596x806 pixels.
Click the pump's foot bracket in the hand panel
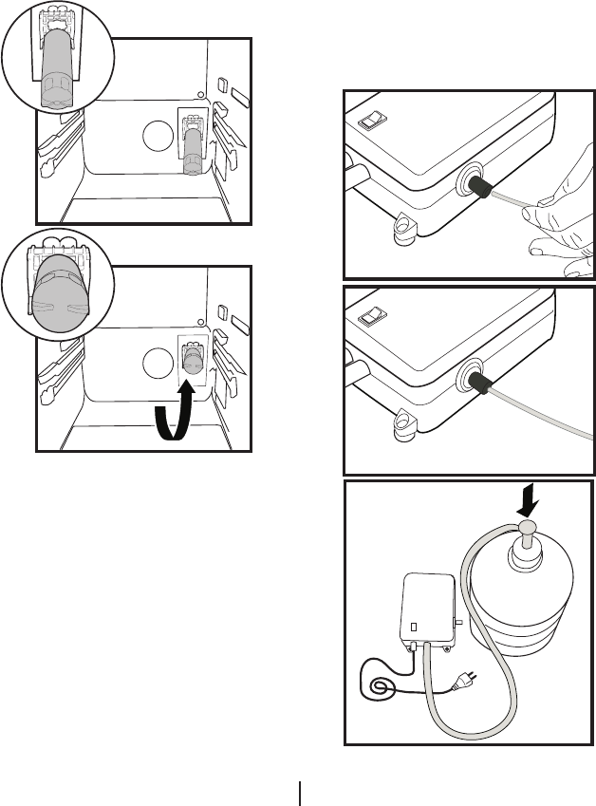[x=406, y=224]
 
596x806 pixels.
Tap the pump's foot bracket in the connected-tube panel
[x=406, y=422]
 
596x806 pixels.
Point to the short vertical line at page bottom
[x=301, y=793]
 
